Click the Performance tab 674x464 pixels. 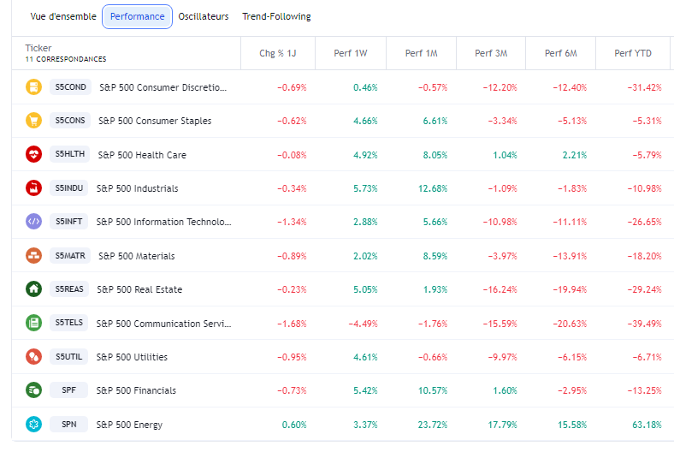(137, 16)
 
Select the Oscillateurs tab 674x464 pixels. (204, 16)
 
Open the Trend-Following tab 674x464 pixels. (276, 16)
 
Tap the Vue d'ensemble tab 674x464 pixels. (63, 16)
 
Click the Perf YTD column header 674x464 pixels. (633, 53)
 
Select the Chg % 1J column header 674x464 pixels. (278, 53)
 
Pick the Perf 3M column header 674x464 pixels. (491, 53)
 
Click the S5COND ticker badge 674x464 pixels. (70, 87)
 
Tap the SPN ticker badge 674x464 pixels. (68, 425)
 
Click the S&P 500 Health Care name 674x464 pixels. (142, 155)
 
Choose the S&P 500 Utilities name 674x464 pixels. (132, 357)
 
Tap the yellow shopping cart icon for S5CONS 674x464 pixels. (33, 121)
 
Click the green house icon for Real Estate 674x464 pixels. (33, 289)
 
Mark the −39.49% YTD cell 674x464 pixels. (644, 324)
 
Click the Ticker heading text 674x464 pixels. (38, 48)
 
